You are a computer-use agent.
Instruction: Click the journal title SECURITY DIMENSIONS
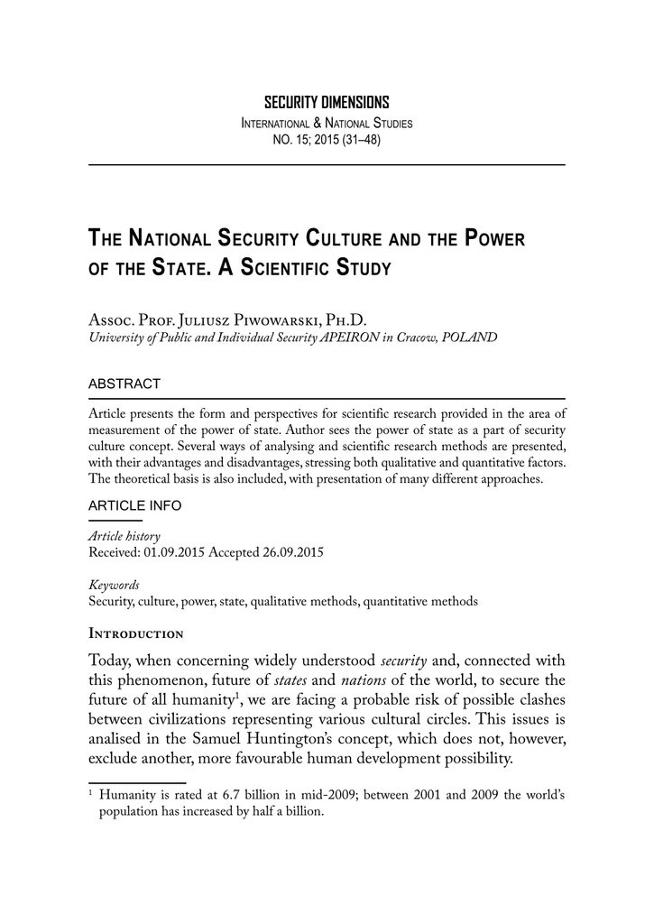(x=326, y=103)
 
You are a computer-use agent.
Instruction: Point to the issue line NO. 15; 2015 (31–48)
(x=326, y=140)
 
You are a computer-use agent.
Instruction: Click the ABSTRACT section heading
(x=124, y=383)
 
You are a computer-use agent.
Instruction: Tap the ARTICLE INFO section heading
(x=134, y=506)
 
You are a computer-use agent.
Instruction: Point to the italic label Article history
(x=124, y=536)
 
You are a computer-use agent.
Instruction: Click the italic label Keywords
(x=114, y=585)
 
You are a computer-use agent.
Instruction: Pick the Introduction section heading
(x=136, y=633)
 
